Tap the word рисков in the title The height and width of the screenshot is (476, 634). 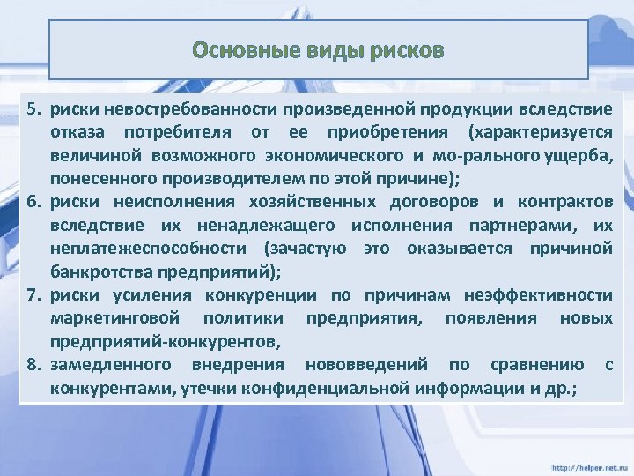(407, 50)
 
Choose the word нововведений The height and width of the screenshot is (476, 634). (365, 364)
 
